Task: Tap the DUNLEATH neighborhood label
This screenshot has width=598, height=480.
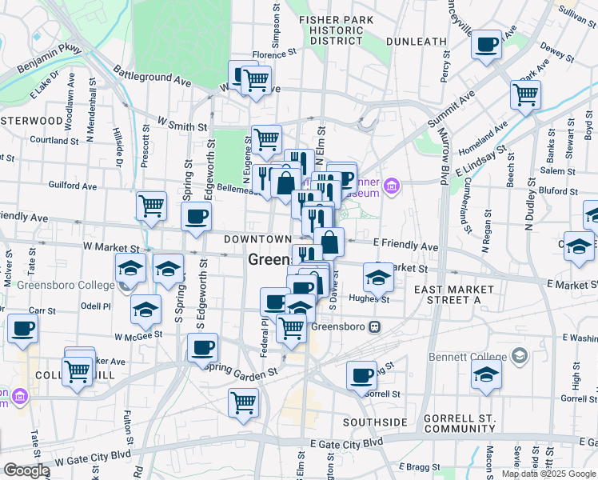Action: (416, 41)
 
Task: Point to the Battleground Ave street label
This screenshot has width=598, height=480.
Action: (152, 75)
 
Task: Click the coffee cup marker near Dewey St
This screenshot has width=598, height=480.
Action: (486, 45)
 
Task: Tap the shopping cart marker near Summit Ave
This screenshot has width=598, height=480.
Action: (526, 94)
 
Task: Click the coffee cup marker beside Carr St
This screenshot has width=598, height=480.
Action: (22, 328)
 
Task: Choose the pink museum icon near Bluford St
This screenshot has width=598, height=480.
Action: (391, 187)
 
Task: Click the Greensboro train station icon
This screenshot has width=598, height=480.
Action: (372, 327)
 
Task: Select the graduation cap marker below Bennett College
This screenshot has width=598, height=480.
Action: (486, 374)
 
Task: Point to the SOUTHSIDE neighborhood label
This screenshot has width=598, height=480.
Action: (375, 422)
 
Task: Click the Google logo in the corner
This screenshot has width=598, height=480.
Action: (26, 470)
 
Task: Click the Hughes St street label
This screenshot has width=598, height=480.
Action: (369, 299)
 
